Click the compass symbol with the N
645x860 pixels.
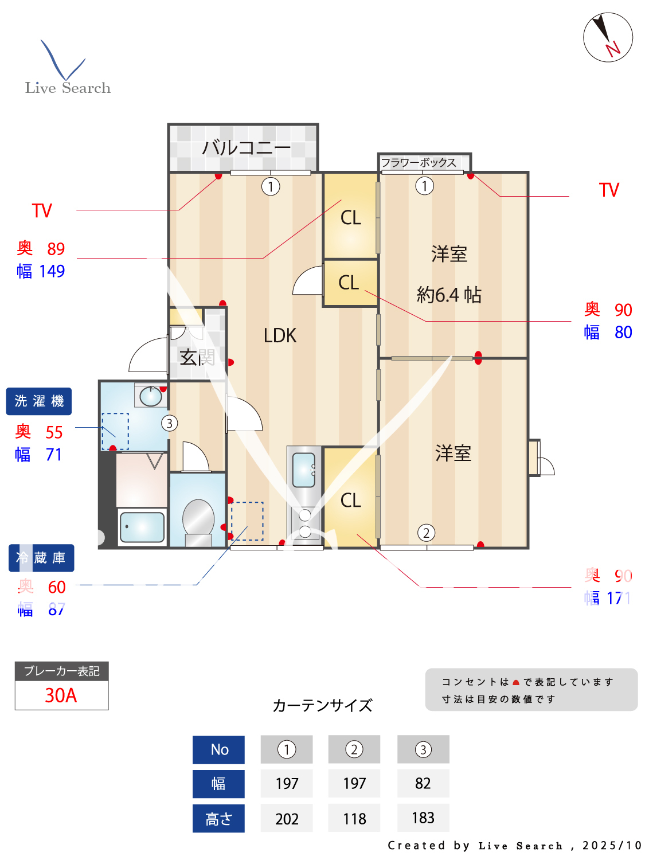(608, 37)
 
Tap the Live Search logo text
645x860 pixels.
(68, 88)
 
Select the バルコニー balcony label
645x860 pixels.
(246, 148)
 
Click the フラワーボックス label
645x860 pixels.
(419, 163)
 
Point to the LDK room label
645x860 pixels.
(280, 335)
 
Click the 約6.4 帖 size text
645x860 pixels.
(449, 295)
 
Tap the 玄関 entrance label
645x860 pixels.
(197, 357)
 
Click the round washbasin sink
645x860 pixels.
(151, 396)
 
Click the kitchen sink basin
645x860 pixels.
(304, 470)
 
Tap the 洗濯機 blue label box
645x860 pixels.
(39, 401)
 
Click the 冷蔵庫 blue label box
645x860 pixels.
(41, 558)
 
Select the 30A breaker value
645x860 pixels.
(61, 695)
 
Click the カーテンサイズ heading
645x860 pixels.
(322, 705)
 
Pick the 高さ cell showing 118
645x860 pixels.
(354, 818)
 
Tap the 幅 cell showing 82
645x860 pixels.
(423, 783)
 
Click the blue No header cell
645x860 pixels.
(218, 749)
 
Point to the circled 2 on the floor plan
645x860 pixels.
(426, 533)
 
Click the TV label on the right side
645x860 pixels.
(609, 190)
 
